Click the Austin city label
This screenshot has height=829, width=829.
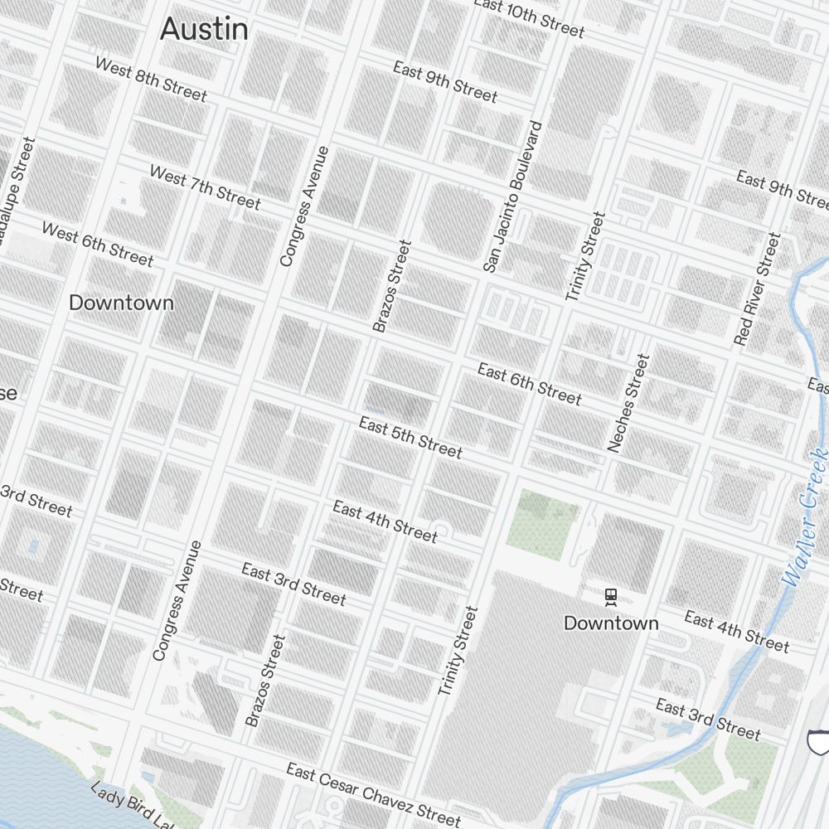click(x=204, y=29)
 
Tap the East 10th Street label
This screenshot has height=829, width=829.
click(x=529, y=18)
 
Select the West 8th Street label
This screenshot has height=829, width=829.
click(x=151, y=79)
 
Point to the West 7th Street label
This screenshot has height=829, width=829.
click(x=205, y=187)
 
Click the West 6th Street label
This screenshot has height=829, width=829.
click(x=98, y=245)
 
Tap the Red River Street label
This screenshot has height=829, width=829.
click(x=758, y=288)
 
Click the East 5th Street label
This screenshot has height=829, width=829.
click(x=410, y=438)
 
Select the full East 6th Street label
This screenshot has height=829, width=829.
click(x=530, y=385)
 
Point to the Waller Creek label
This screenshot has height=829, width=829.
click(x=806, y=516)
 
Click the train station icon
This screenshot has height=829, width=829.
click(x=611, y=597)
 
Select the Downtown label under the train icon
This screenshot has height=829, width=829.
click(x=611, y=623)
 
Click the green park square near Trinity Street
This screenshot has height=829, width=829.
click(x=540, y=520)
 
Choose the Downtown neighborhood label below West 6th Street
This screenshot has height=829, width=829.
click(x=121, y=303)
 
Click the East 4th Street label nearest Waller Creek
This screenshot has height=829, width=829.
click(x=736, y=632)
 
